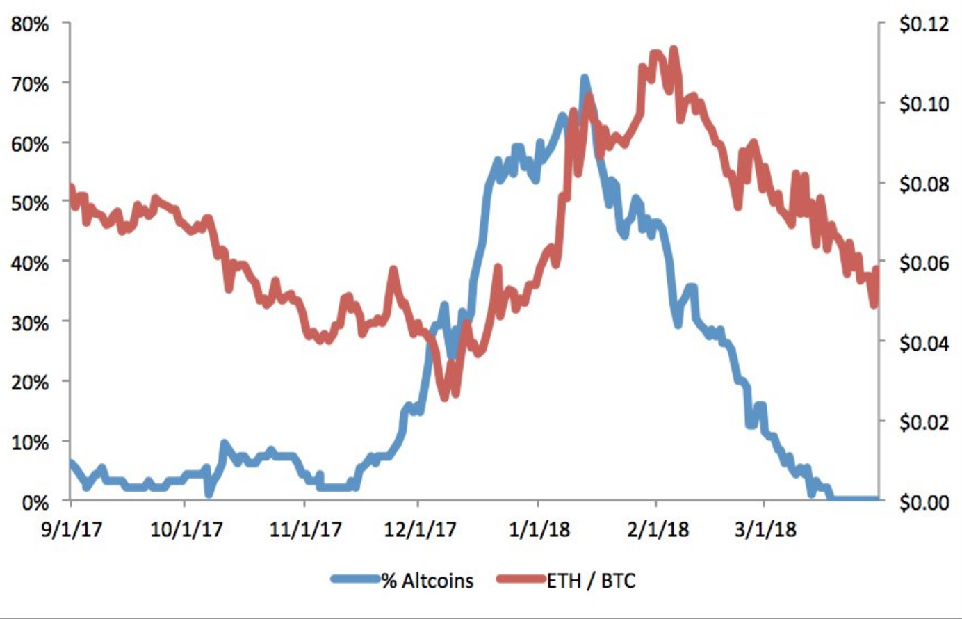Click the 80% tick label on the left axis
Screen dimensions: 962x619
click(x=30, y=24)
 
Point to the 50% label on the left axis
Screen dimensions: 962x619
click(x=30, y=203)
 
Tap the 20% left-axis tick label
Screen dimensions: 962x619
click(x=30, y=382)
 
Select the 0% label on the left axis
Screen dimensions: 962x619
click(x=35, y=502)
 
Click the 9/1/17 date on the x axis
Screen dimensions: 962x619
click(x=72, y=529)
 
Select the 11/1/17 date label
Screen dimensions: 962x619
click(x=305, y=529)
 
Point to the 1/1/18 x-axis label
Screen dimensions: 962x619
click(x=539, y=529)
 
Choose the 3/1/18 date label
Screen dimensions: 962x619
click(x=765, y=529)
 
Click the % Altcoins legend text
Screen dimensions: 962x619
click(x=427, y=581)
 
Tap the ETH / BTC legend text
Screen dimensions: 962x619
click(x=591, y=581)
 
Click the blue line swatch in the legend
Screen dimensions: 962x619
click(x=356, y=579)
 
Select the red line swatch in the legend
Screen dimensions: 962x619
click(x=521, y=579)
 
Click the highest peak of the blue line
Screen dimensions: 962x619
click(x=584, y=78)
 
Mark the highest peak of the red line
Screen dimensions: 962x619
click(x=674, y=49)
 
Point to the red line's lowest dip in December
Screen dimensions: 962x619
click(x=444, y=398)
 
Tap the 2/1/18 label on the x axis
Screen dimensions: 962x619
click(x=658, y=529)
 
